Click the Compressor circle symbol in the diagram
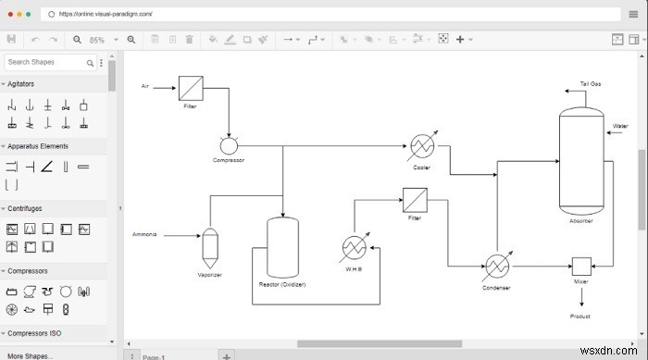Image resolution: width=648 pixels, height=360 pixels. pyautogui.click(x=229, y=145)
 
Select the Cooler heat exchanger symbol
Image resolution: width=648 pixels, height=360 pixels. pyautogui.click(x=423, y=146)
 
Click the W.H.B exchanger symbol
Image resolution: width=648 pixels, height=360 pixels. pyautogui.click(x=355, y=248)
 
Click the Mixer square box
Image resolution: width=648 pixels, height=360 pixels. pyautogui.click(x=581, y=267)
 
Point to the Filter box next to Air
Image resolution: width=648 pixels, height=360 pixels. pyautogui.click(x=191, y=88)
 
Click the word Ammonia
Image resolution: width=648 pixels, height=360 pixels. pyautogui.click(x=145, y=234)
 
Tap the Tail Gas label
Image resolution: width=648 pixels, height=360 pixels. pyautogui.click(x=591, y=83)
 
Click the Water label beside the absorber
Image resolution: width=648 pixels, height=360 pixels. pyautogui.click(x=620, y=126)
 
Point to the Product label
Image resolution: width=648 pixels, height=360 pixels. pyautogui.click(x=580, y=316)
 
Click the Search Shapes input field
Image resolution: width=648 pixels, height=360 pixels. pyautogui.click(x=46, y=62)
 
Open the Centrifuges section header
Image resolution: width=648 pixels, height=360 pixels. pyautogui.click(x=25, y=208)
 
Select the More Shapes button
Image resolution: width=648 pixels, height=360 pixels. pyautogui.click(x=30, y=355)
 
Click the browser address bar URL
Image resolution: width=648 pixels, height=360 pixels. pyautogui.click(x=106, y=15)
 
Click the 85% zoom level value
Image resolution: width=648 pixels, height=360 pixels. pyautogui.click(x=97, y=40)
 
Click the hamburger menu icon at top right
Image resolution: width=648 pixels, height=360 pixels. pyautogui.click(x=633, y=15)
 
